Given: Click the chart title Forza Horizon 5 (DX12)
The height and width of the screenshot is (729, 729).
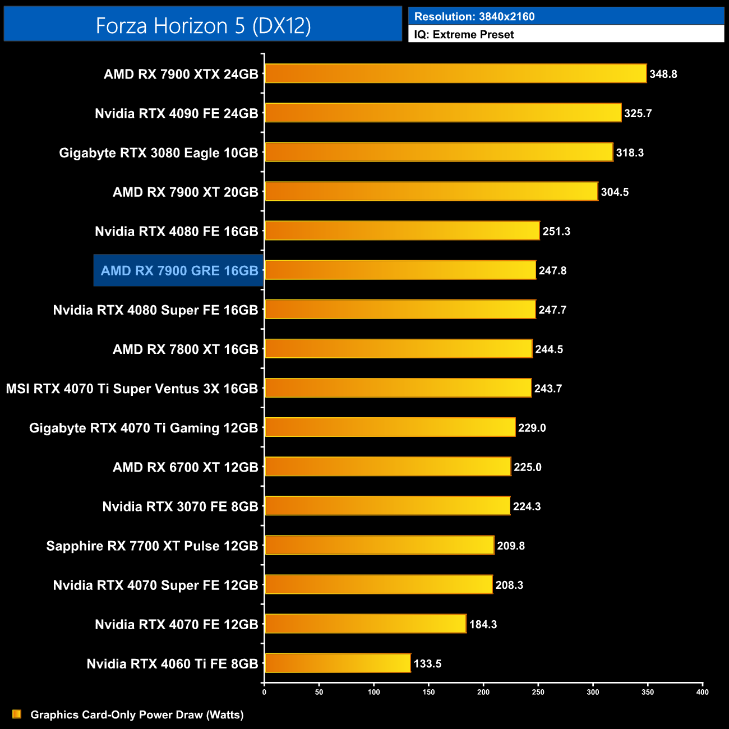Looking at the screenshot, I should click(203, 26).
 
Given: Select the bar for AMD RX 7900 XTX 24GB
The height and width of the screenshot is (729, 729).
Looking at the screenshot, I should click(455, 73).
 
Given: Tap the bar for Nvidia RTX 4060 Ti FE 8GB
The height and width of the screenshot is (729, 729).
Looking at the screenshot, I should click(338, 663).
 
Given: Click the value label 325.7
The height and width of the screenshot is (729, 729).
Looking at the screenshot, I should click(638, 113).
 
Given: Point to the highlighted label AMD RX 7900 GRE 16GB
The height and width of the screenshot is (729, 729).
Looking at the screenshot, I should click(179, 271).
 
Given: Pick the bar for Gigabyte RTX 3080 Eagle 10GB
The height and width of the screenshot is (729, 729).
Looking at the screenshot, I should click(439, 152).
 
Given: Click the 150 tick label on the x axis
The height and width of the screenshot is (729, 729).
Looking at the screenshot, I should click(428, 692).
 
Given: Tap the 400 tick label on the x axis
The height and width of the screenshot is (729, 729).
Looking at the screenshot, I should click(702, 692).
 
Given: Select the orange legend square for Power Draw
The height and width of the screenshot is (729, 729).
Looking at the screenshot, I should click(17, 714).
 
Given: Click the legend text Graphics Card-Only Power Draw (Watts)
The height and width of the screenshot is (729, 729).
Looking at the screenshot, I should click(137, 714).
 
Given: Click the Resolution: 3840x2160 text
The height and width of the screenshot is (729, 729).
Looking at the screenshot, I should click(474, 16).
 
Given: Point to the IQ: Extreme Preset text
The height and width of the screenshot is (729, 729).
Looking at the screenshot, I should click(464, 34).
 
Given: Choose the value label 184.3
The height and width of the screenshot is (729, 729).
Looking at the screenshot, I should click(483, 624).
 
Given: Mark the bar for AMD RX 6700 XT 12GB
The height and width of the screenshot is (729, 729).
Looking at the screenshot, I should click(387, 467).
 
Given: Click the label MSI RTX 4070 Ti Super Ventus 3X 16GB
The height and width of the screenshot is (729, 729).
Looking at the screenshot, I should click(132, 389).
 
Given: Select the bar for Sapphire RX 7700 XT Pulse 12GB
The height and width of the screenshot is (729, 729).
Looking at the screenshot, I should click(379, 545).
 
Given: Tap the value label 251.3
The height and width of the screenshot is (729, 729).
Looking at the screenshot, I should click(556, 231).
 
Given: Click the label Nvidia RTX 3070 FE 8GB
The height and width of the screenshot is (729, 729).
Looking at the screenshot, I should click(180, 506).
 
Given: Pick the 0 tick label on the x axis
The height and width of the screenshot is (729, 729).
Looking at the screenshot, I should click(264, 692).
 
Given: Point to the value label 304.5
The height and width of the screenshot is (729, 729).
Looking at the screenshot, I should click(615, 192).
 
